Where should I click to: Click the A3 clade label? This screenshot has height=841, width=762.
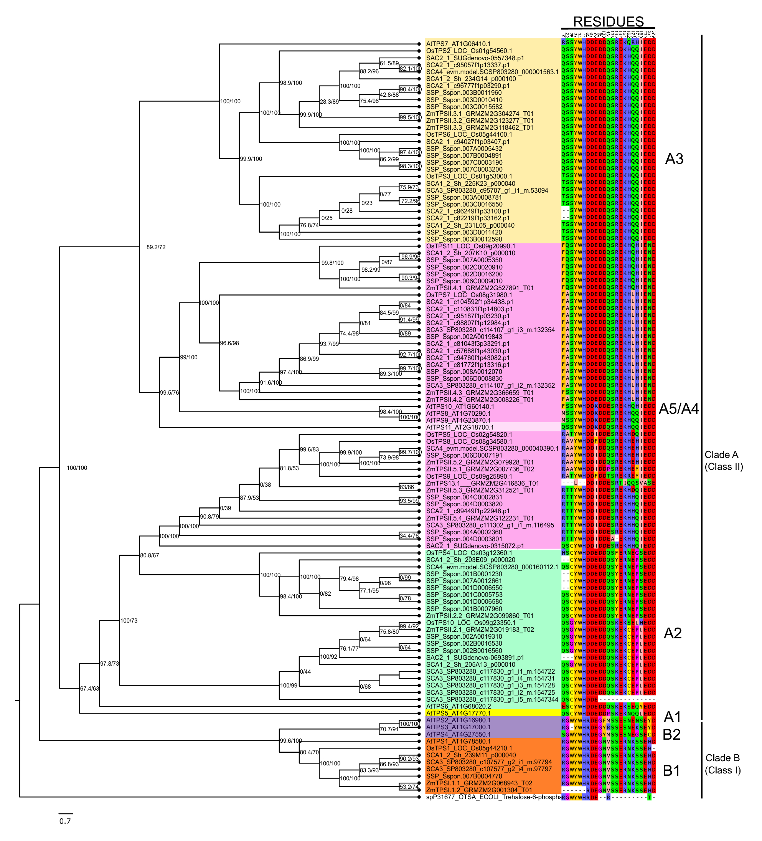pyautogui.click(x=674, y=159)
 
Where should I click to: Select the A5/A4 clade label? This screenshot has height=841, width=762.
pyautogui.click(x=679, y=409)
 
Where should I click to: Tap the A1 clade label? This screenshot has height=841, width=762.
pyautogui.click(x=672, y=717)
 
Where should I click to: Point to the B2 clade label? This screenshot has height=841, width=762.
pyautogui.click(x=671, y=746)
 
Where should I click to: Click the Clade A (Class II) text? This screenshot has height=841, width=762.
pyautogui.click(x=724, y=461)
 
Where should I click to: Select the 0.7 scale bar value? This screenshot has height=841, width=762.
pyautogui.click(x=65, y=821)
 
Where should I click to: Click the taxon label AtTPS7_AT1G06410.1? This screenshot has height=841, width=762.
pyautogui.click(x=458, y=44)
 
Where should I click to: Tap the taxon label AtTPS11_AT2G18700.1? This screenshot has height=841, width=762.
pyautogui.click(x=460, y=427)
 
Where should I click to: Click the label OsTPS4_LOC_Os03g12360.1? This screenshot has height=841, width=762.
pyautogui.click(x=469, y=553)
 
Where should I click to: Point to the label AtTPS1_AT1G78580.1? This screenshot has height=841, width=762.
pyautogui.click(x=458, y=741)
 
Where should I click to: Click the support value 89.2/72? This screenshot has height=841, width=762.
pyautogui.click(x=156, y=247)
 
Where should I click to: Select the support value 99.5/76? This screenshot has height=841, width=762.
pyautogui.click(x=169, y=393)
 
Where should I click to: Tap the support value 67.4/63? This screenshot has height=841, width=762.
pyautogui.click(x=89, y=689)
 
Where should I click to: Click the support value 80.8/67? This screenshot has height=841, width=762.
pyautogui.click(x=149, y=556)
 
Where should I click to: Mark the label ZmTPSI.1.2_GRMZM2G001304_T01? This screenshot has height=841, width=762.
pyautogui.click(x=479, y=790)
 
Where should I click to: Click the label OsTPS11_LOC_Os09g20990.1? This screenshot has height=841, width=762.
pyautogui.click(x=470, y=246)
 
